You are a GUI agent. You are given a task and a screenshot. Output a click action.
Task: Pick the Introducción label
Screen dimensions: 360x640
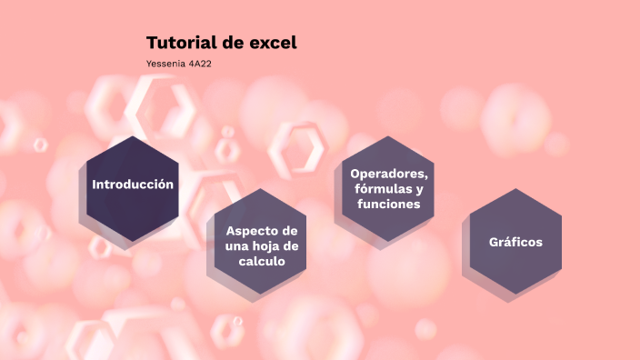(133, 185)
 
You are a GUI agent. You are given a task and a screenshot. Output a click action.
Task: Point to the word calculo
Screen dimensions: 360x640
(262, 261)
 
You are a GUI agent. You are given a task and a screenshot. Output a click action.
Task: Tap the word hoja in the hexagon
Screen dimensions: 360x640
(265, 245)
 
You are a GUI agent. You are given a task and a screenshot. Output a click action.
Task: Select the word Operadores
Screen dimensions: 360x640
(388, 174)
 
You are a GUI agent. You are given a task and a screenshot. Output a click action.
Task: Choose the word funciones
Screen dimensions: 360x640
(388, 205)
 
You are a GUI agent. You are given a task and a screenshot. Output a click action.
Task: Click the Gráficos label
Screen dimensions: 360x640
(515, 242)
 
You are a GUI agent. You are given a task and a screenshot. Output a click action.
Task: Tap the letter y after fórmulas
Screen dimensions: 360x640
(419, 189)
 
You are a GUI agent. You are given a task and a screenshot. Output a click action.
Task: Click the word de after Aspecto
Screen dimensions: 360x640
(290, 230)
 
